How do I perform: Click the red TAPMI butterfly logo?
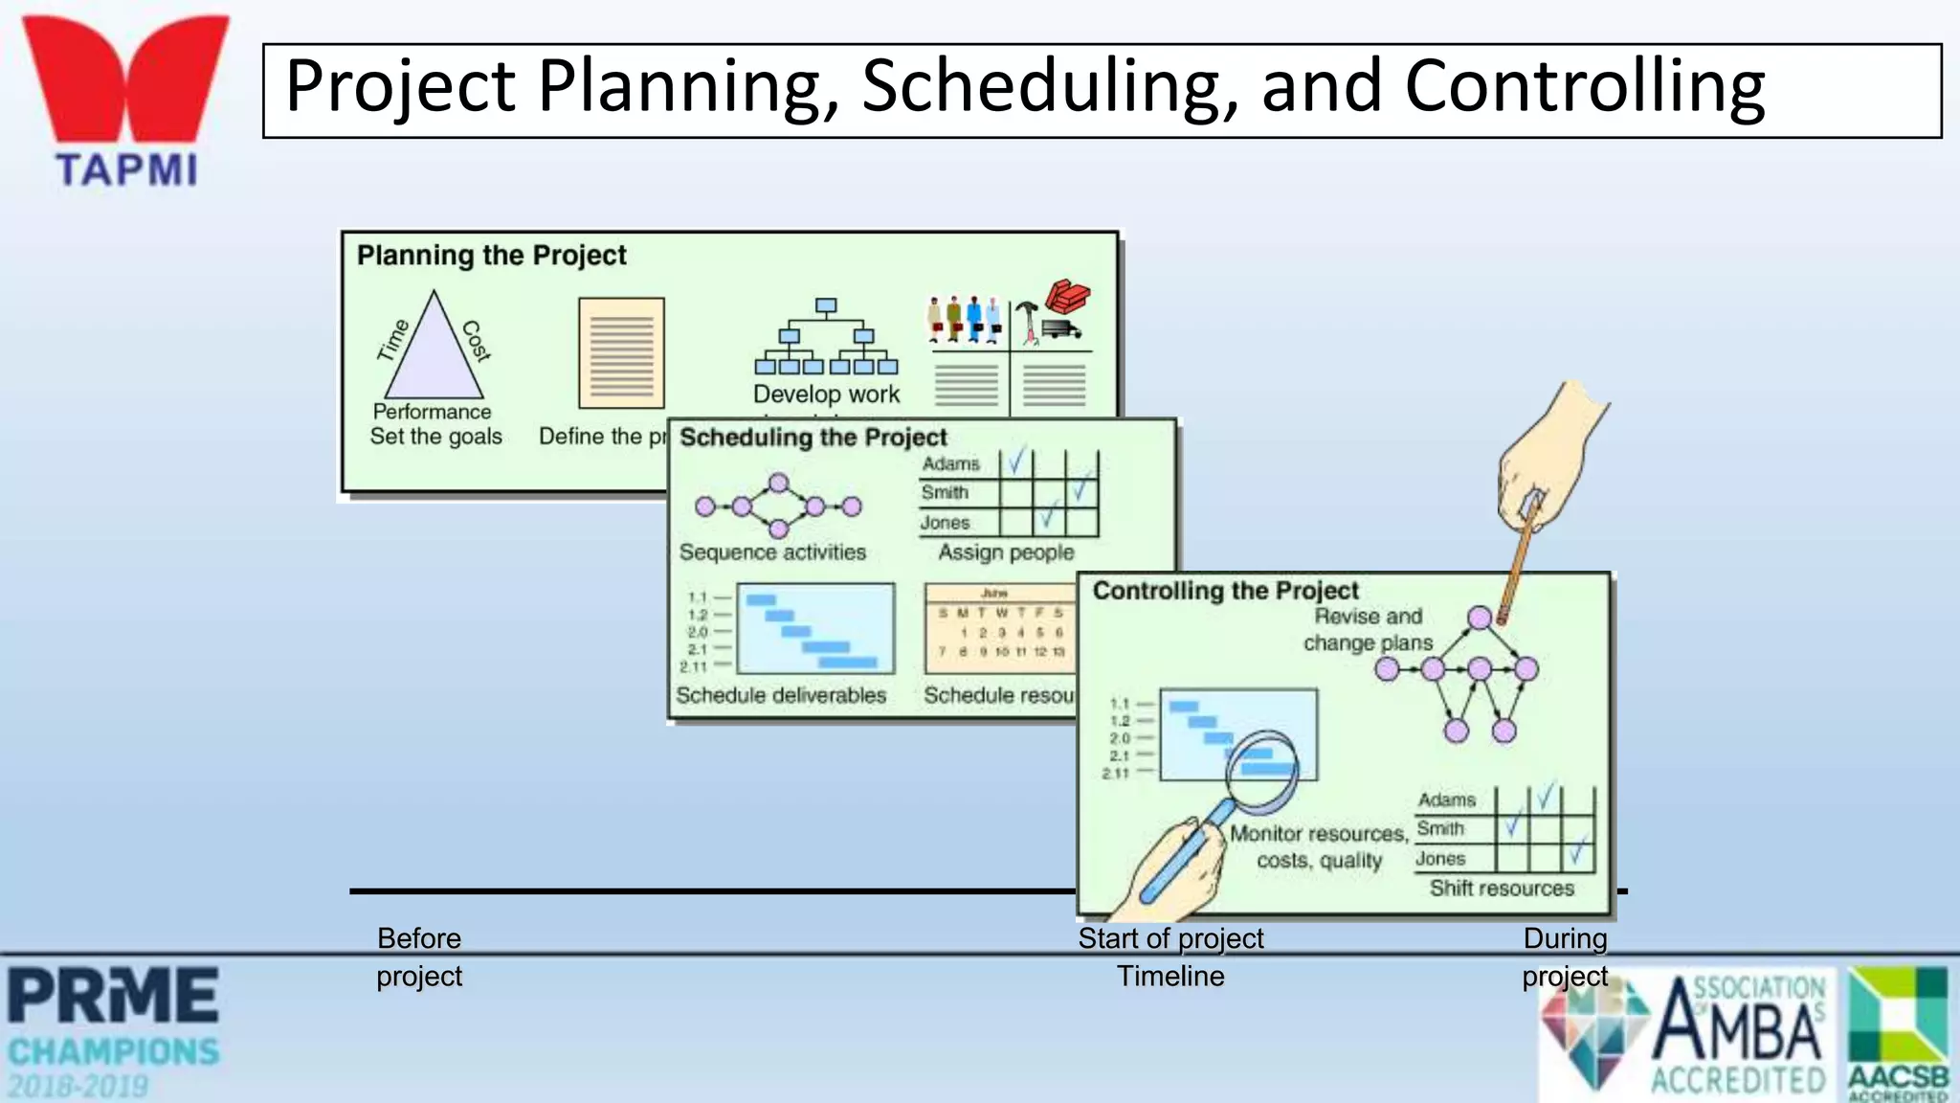point(125,80)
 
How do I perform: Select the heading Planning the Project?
point(491,256)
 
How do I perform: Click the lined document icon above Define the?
point(621,352)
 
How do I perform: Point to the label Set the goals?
point(435,437)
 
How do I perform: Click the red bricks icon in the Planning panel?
point(1067,296)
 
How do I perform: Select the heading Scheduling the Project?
point(813,438)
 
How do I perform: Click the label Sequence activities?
point(772,552)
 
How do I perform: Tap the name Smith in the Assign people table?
point(945,493)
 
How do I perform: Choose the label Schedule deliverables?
point(781,695)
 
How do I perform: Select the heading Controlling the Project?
point(1225,591)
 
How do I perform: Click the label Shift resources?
point(1502,889)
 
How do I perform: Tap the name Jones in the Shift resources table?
point(1440,859)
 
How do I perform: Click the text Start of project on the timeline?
point(1170,938)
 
